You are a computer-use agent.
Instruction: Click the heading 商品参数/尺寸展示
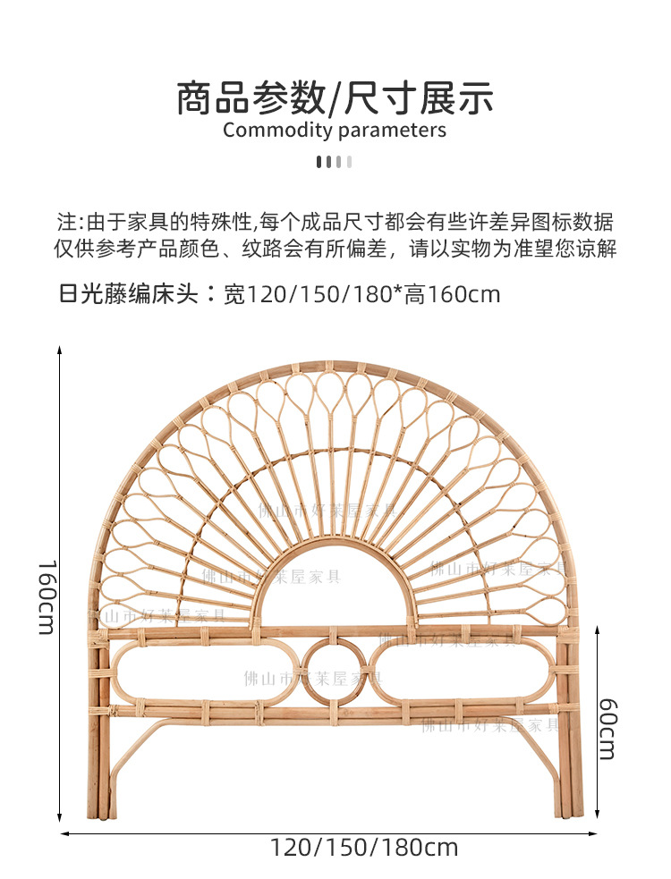[x=335, y=97]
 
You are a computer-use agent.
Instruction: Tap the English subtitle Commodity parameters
[x=335, y=131]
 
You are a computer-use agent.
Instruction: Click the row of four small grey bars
[x=335, y=162]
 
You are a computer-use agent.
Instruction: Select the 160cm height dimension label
[x=47, y=597]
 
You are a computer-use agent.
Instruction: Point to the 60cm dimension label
[x=607, y=730]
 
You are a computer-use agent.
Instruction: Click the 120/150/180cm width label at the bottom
[x=364, y=847]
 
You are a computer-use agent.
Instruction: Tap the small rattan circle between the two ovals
[x=335, y=670]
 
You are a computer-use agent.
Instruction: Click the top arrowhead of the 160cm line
[x=60, y=351]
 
